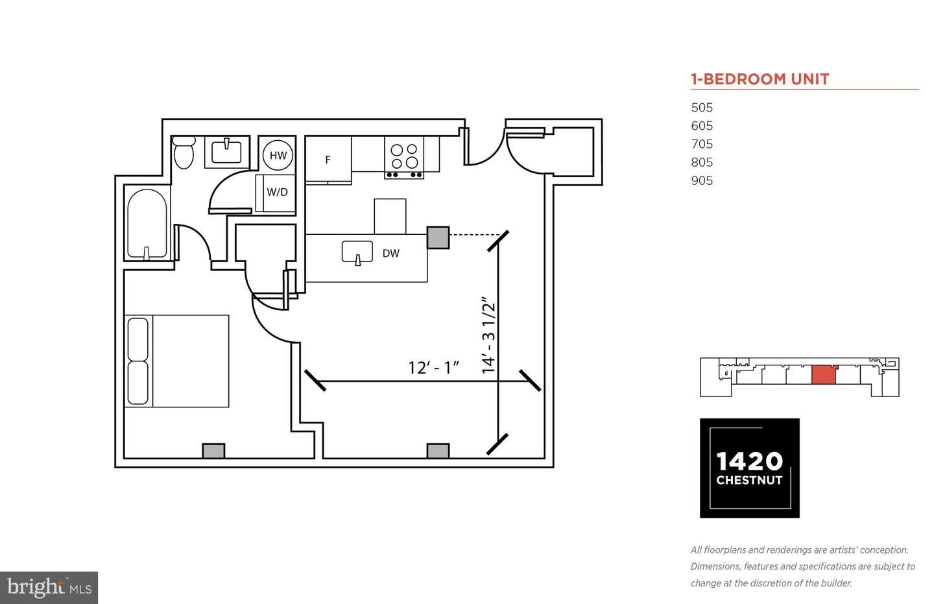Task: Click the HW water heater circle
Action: click(278, 155)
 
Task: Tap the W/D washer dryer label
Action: click(278, 192)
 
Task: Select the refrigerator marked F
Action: click(328, 160)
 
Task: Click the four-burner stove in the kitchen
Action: click(404, 157)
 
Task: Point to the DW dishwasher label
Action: click(391, 253)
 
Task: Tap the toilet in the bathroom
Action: click(184, 152)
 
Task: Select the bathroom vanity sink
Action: click(226, 152)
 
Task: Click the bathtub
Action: click(147, 224)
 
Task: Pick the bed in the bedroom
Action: click(177, 361)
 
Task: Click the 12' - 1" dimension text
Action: click(434, 367)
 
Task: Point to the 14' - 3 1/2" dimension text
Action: click(488, 335)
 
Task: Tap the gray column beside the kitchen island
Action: click(438, 237)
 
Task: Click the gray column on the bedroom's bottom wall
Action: click(213, 451)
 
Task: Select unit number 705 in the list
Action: click(702, 144)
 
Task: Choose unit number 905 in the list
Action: click(702, 180)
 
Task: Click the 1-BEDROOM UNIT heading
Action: click(760, 79)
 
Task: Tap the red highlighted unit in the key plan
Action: click(824, 375)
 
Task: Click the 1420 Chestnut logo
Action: click(749, 468)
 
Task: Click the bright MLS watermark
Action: click(49, 588)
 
